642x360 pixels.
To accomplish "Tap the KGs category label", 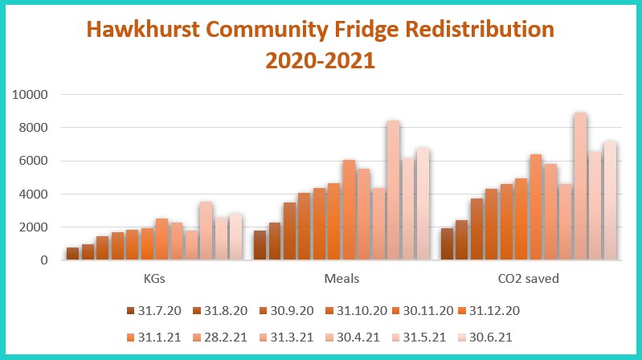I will pos(153,279).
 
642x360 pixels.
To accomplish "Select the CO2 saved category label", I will pos(529,279).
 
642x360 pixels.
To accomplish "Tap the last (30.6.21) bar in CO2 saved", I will pos(609,201).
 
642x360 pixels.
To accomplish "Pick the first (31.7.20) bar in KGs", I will pos(72,254).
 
